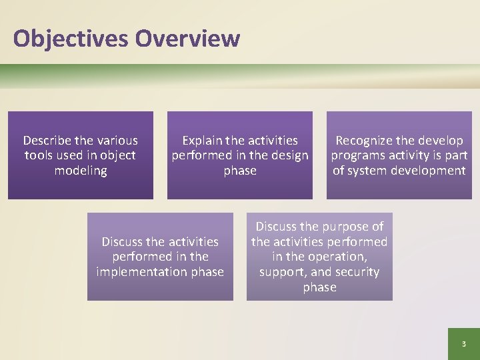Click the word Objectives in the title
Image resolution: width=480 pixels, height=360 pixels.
(x=70, y=39)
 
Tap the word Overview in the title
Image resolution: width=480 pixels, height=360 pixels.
(x=187, y=39)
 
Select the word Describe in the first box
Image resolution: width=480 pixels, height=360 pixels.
(x=48, y=141)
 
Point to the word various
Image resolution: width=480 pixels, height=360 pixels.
(x=117, y=141)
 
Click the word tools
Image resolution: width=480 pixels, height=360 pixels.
(x=38, y=155)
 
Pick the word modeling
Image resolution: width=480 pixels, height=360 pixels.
(x=80, y=171)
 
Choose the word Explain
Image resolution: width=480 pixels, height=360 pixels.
(x=203, y=141)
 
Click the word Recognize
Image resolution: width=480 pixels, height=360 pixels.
(x=365, y=141)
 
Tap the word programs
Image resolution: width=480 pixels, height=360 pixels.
(x=357, y=155)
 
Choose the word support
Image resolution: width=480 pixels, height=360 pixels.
(x=280, y=272)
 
